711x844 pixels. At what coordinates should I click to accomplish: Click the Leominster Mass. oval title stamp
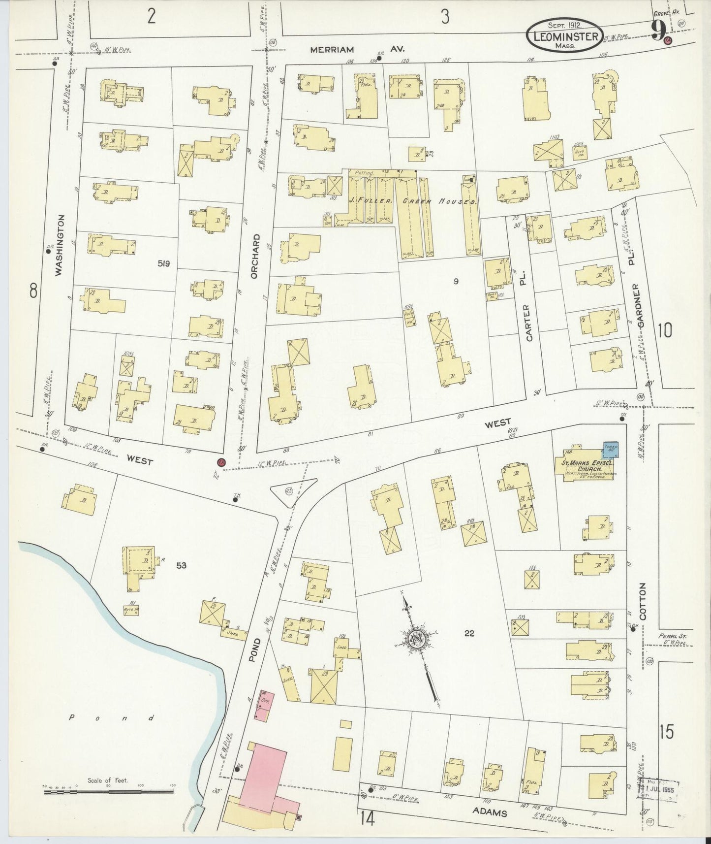(x=565, y=36)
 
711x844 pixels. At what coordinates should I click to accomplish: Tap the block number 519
(x=163, y=264)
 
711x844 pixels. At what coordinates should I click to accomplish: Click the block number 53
(x=181, y=566)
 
